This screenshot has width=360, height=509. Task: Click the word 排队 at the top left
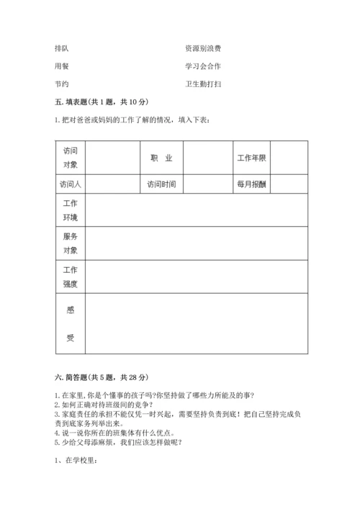pyautogui.click(x=62, y=48)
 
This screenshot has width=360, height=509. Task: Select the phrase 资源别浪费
pyautogui.click(x=203, y=48)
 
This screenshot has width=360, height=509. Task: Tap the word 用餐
pyautogui.click(x=62, y=66)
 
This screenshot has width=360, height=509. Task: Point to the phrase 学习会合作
pyautogui.click(x=203, y=66)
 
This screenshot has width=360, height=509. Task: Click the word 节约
pyautogui.click(x=62, y=84)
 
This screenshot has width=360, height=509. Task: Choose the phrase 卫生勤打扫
pyautogui.click(x=203, y=84)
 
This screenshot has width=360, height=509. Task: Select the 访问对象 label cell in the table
pyautogui.click(x=70, y=158)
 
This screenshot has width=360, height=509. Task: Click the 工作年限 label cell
pyautogui.click(x=252, y=158)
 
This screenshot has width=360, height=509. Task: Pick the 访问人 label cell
pyautogui.click(x=70, y=184)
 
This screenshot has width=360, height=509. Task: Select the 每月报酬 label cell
pyautogui.click(x=252, y=184)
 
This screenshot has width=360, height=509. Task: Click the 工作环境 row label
pyautogui.click(x=70, y=210)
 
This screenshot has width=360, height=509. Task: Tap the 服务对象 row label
pyautogui.click(x=70, y=243)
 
